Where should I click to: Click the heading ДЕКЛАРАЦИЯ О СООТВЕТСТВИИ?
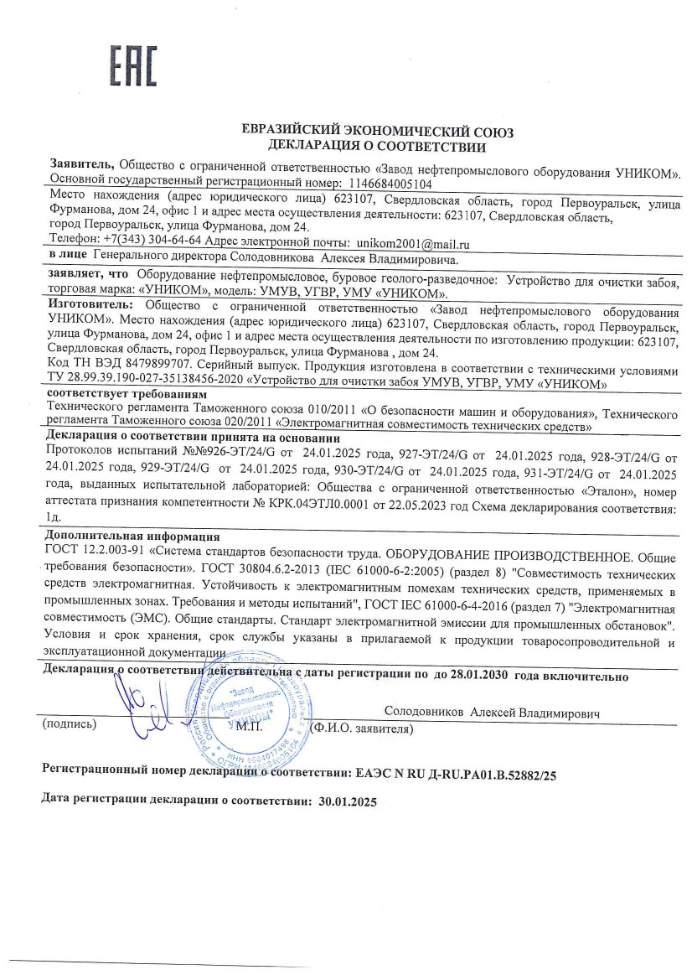[x=377, y=148]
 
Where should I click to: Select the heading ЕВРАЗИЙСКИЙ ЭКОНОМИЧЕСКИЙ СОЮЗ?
[x=377, y=132]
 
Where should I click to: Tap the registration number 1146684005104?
[x=390, y=183]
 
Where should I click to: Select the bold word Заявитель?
[x=83, y=167]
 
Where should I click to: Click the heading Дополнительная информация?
[x=132, y=537]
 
